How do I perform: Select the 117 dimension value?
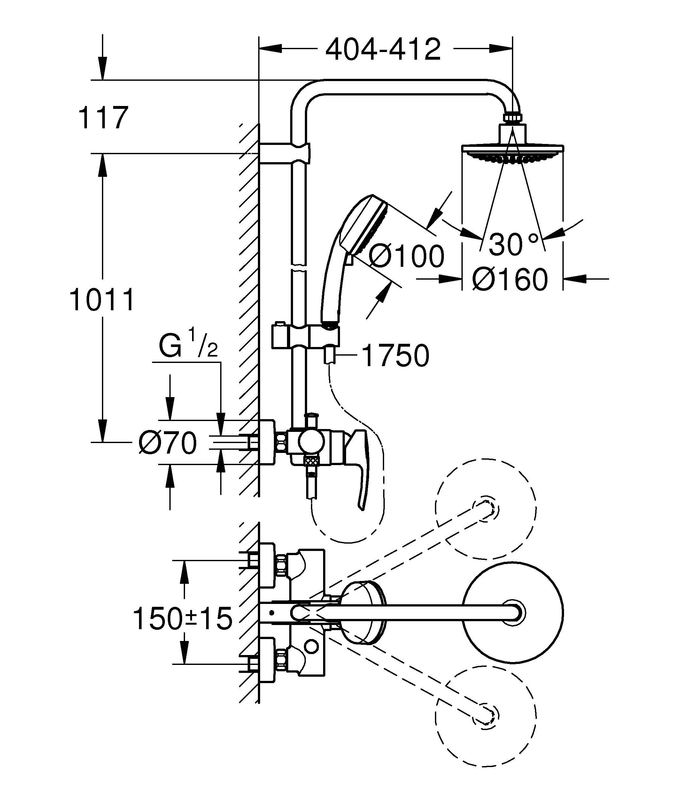103,118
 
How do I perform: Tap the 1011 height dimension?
102,300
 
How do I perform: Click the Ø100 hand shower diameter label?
406,256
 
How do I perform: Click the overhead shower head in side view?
513,151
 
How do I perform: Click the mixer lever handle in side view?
361,468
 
